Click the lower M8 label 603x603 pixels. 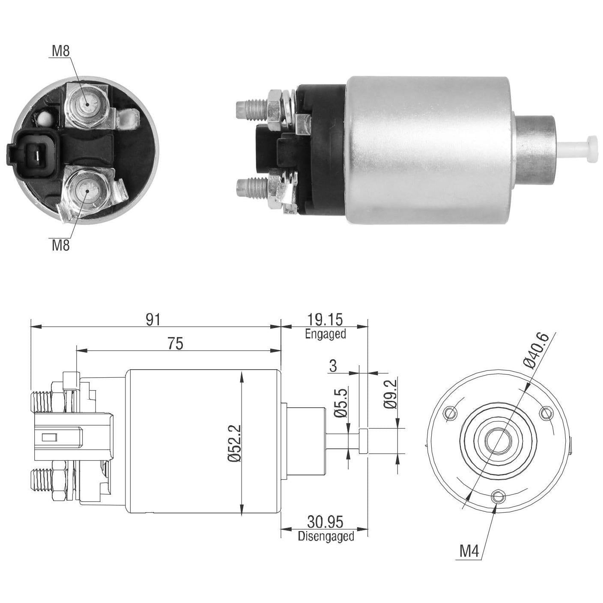[x=60, y=245]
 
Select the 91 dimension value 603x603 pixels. [x=153, y=319]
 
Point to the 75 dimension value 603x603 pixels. [x=175, y=343]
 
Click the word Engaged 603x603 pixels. [x=325, y=334]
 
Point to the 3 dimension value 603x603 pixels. [x=333, y=366]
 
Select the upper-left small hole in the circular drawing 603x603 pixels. [x=451, y=414]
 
